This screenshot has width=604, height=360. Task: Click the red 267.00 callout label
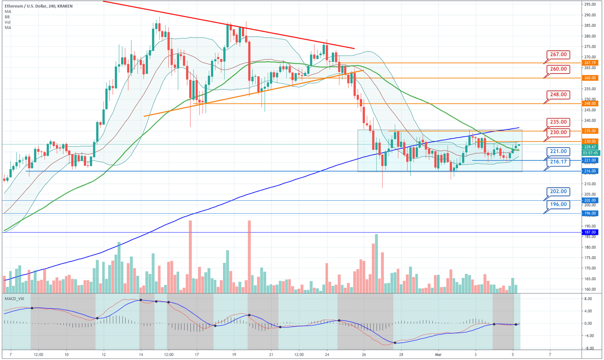tap(558, 55)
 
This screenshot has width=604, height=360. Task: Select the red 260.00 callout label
tap(558, 69)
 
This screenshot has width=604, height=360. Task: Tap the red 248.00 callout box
tap(558, 95)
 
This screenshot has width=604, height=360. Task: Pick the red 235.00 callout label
tap(558, 122)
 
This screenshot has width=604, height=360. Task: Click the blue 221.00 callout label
tap(558, 151)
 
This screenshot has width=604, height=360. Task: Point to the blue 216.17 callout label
tap(558, 162)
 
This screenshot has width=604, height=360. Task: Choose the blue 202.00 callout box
tap(558, 192)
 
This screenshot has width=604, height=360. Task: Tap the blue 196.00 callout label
tap(558, 205)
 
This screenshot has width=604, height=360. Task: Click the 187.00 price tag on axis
tap(590, 233)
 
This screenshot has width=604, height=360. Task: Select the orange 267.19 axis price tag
tap(590, 63)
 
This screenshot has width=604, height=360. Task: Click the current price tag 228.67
tap(590, 147)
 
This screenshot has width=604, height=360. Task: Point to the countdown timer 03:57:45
tap(590, 153)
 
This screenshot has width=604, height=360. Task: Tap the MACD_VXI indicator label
tap(14, 299)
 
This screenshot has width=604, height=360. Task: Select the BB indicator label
tap(7, 17)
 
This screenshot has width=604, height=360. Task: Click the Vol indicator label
tap(8, 22)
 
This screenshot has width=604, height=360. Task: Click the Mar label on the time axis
tap(438, 354)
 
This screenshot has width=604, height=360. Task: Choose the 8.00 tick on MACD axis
tap(588, 299)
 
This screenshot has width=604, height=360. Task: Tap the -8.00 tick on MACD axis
tap(588, 348)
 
